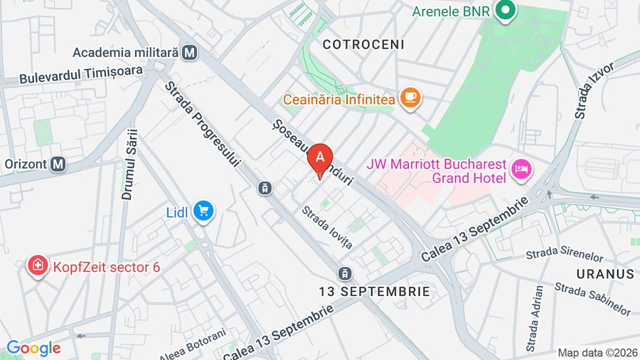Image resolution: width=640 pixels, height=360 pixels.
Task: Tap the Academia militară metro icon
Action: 189,52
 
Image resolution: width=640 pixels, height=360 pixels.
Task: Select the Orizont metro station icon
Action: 58,164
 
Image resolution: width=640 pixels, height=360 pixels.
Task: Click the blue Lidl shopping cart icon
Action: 204,211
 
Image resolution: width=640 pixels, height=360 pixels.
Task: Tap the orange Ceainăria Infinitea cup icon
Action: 410,99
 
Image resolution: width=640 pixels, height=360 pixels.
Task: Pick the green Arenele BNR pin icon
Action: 506,11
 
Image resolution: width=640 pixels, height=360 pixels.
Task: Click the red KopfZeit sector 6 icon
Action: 36,267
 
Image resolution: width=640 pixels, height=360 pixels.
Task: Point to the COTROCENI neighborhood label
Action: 363,44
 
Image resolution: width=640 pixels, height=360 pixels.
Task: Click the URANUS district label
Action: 606,274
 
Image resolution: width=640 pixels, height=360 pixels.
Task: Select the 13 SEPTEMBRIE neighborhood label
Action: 374,291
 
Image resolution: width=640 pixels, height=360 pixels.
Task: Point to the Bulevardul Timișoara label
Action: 81,73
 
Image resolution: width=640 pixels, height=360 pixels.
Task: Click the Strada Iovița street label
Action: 327,226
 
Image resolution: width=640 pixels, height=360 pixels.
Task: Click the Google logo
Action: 33,348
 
